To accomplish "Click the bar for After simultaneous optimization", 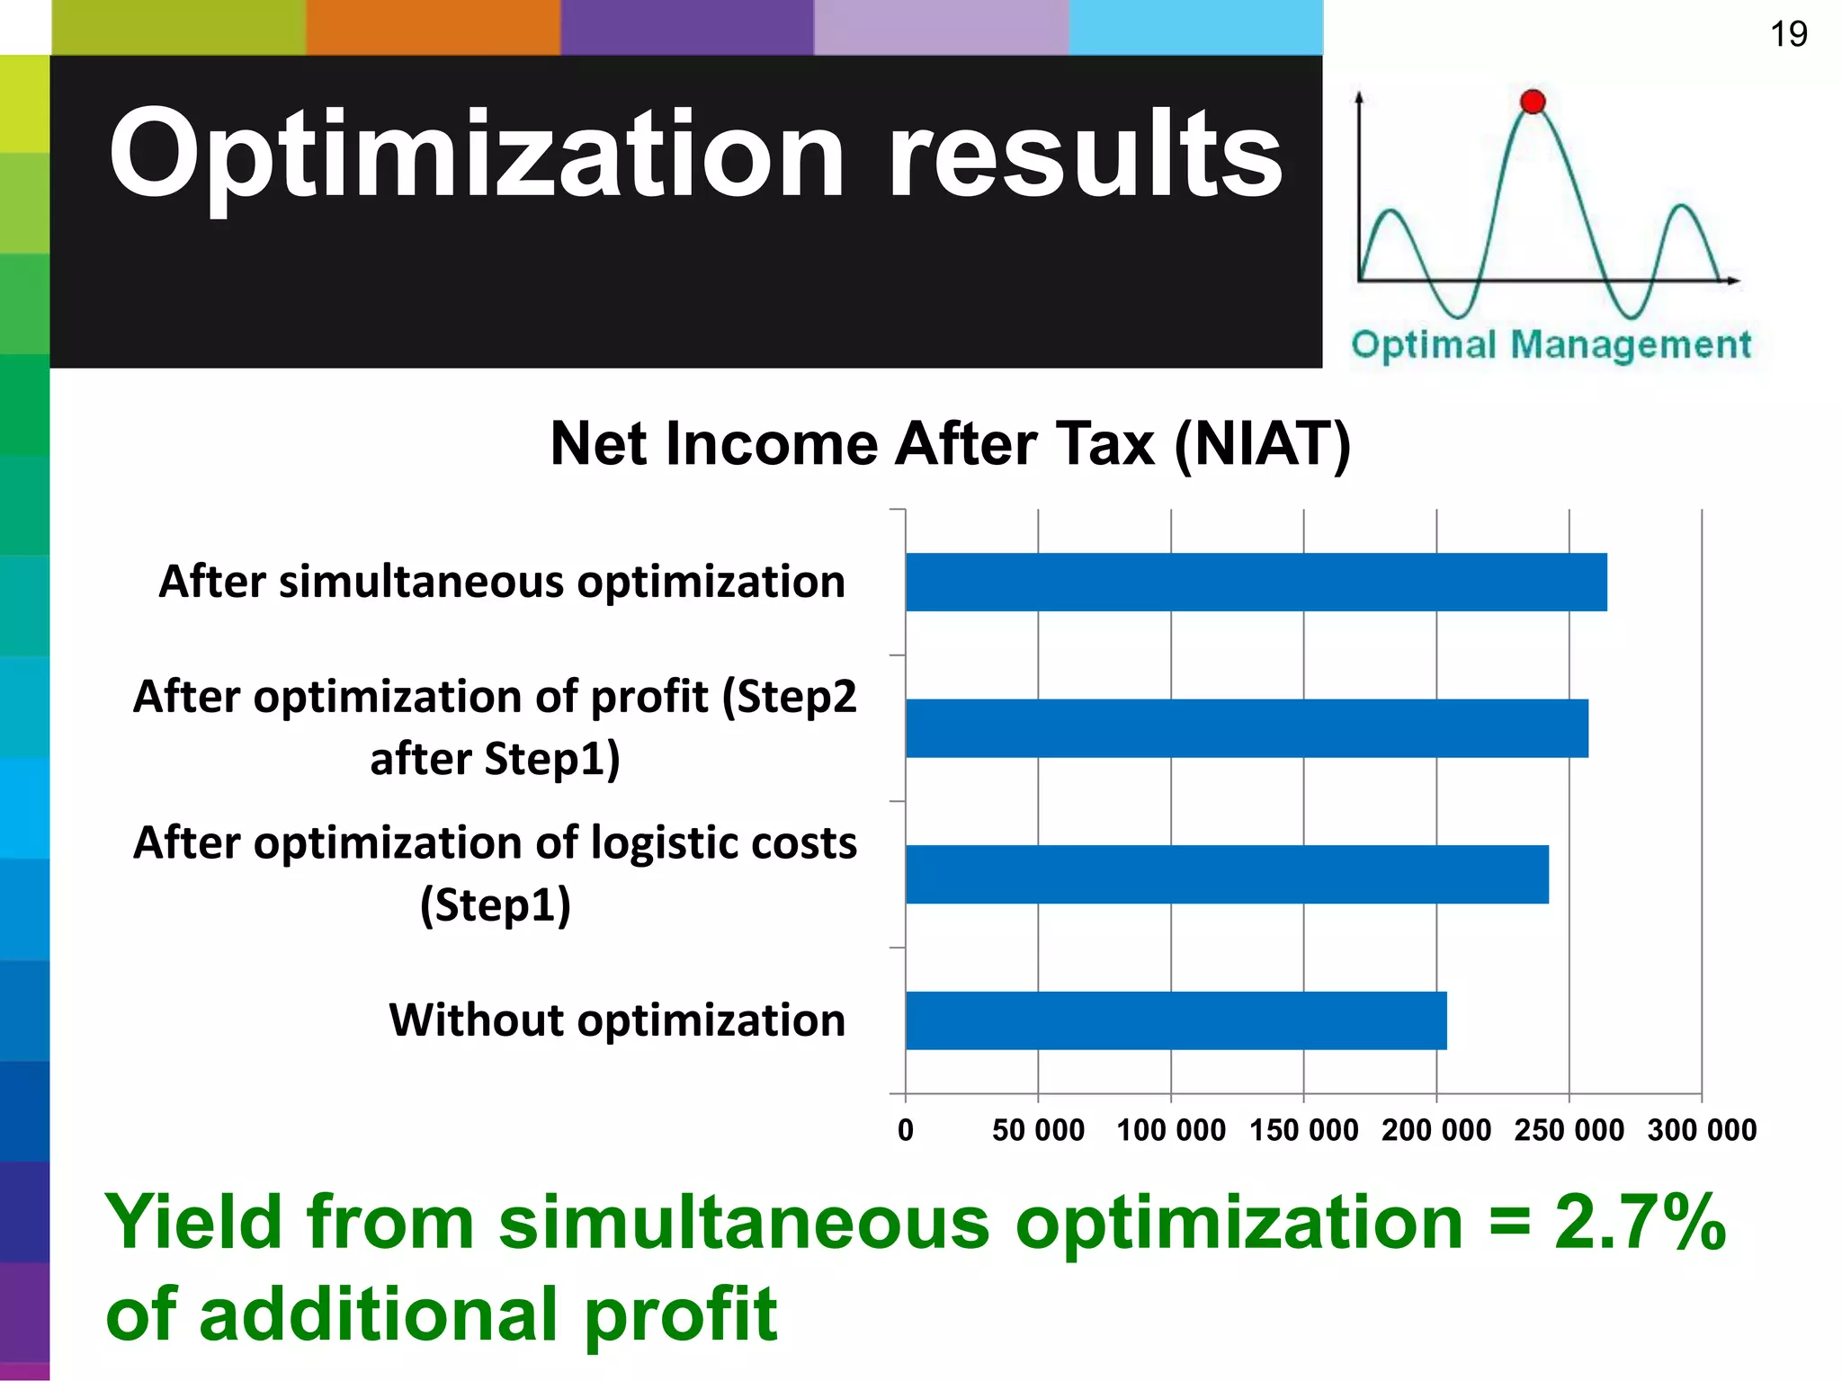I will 1256,582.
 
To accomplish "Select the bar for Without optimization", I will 1176,1020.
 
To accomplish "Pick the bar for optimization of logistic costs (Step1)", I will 1227,874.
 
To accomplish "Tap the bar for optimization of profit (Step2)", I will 1247,728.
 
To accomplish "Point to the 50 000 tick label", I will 1038,1130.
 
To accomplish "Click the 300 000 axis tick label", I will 1702,1130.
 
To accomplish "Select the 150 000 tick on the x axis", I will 1303,1130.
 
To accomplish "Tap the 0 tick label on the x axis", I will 906,1130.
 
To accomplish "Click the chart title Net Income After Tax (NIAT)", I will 950,444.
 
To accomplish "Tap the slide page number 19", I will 1788,34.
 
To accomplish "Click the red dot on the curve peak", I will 1533,102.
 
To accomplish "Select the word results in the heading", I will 1086,155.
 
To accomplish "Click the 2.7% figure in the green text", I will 1640,1223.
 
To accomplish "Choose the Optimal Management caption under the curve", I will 1551,345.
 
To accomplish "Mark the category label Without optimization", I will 617,1020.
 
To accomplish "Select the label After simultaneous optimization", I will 502,582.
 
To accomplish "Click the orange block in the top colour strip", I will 433,27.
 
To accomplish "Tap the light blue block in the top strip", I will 1195,27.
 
